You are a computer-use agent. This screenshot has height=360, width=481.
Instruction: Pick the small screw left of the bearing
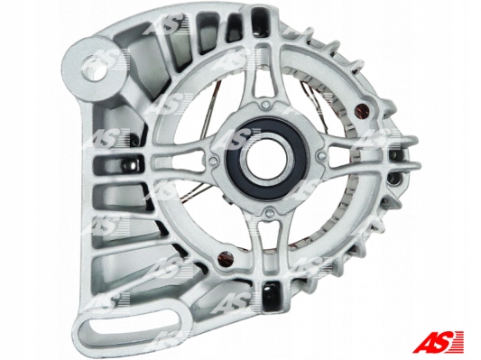tap(212, 162)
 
